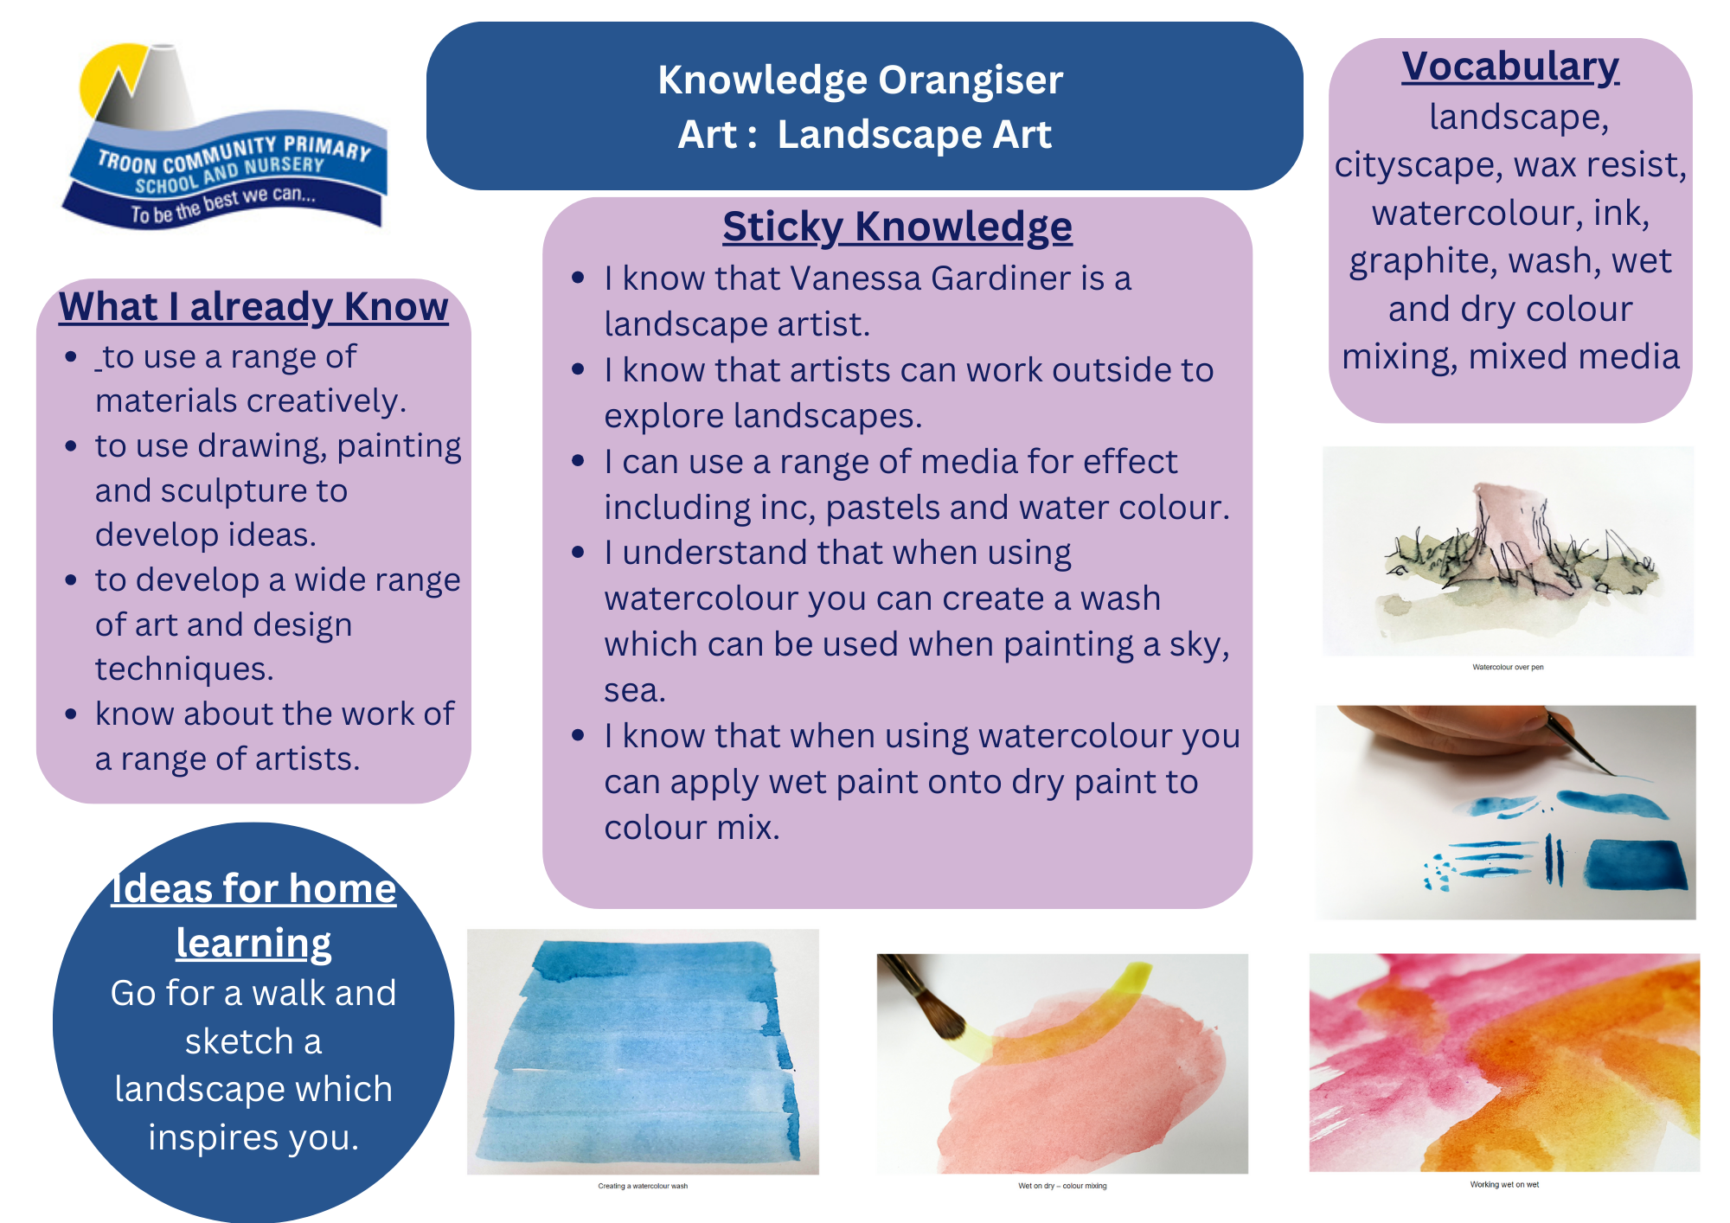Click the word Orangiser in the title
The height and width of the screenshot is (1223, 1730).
point(971,80)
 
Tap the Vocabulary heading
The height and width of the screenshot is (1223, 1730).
point(1510,67)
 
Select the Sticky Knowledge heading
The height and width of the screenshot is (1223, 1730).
point(897,227)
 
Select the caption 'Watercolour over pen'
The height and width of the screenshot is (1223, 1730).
point(1508,667)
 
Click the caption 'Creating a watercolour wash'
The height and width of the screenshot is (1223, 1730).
point(643,1186)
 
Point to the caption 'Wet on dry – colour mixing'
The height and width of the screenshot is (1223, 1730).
point(1062,1186)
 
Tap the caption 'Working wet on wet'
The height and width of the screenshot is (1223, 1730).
point(1504,1185)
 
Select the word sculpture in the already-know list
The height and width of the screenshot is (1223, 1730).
point(247,491)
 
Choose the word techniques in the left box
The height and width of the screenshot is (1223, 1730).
point(184,669)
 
